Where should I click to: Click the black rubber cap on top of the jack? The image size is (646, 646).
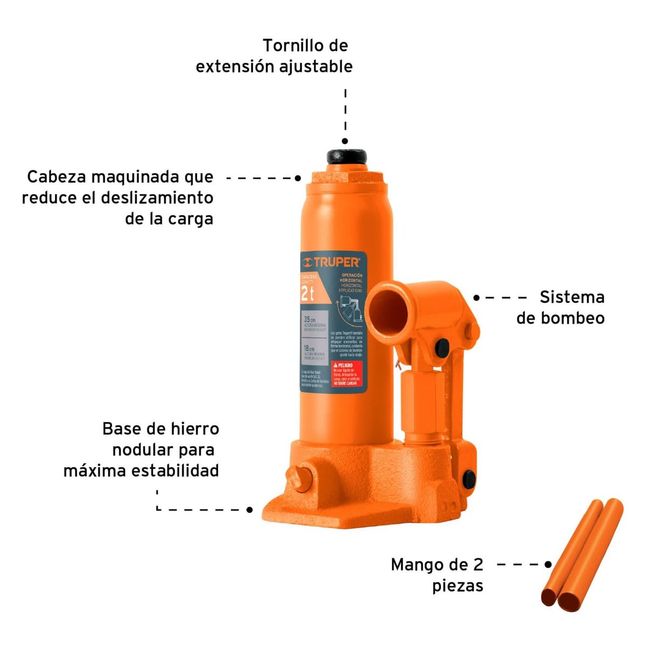pyautogui.click(x=346, y=157)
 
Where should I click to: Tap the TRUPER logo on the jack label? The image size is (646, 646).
pyautogui.click(x=332, y=262)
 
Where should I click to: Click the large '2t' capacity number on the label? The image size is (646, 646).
pyautogui.click(x=307, y=294)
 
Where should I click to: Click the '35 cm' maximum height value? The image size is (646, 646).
pyautogui.click(x=310, y=320)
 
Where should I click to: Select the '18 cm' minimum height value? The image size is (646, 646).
pyautogui.click(x=310, y=348)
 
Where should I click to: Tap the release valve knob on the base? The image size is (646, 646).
pyautogui.click(x=299, y=477)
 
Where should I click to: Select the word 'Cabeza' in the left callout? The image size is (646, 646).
pyautogui.click(x=57, y=177)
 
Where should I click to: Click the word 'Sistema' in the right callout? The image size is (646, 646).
pyautogui.click(x=572, y=297)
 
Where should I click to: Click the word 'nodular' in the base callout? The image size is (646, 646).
pyautogui.click(x=142, y=450)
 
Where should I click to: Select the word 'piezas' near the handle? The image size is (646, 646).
pyautogui.click(x=458, y=586)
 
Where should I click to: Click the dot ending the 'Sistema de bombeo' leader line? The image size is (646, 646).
pyautogui.click(x=476, y=297)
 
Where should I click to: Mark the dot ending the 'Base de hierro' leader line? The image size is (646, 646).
pyautogui.click(x=250, y=509)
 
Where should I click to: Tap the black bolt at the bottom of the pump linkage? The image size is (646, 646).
pyautogui.click(x=469, y=476)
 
